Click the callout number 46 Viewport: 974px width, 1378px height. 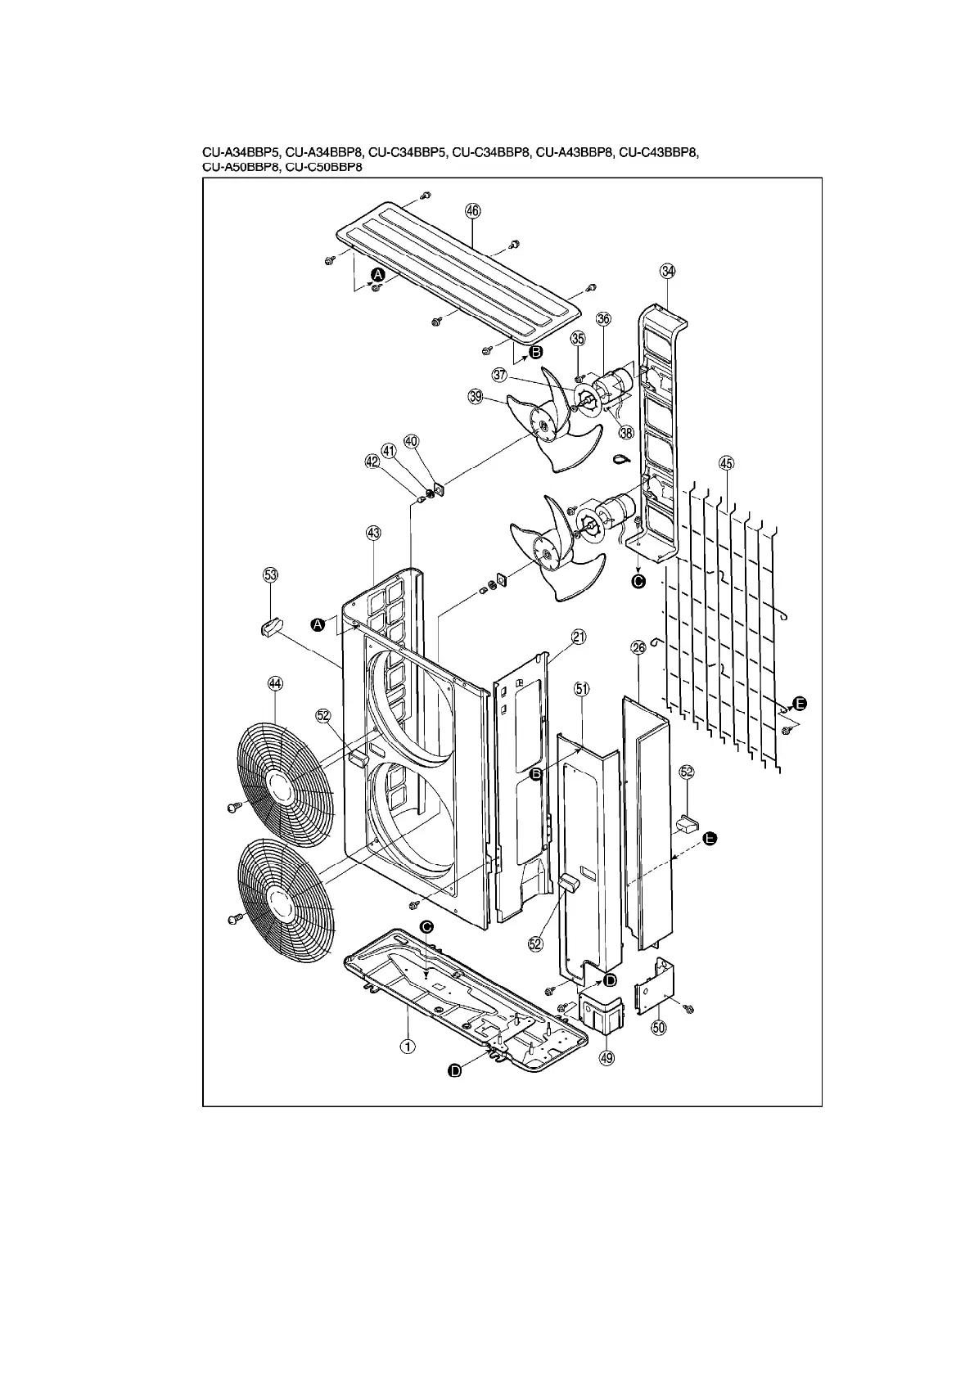(473, 210)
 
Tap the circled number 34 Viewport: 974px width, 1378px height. (668, 271)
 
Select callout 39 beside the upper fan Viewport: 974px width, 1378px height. (475, 397)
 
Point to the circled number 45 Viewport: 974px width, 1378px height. (725, 463)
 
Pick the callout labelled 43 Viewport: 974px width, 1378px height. (372, 533)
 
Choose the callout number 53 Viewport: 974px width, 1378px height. (270, 575)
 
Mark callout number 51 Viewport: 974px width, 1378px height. (582, 690)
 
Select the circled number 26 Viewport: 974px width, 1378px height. (638, 647)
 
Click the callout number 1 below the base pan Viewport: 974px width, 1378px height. (405, 1045)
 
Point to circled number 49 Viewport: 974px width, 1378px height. (606, 1058)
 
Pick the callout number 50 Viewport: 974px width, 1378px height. (659, 1027)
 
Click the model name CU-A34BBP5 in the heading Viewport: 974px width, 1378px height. (241, 153)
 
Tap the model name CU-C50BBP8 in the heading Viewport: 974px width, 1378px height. (324, 167)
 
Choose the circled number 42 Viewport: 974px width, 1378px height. (372, 462)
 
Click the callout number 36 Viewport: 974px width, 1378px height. (603, 319)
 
